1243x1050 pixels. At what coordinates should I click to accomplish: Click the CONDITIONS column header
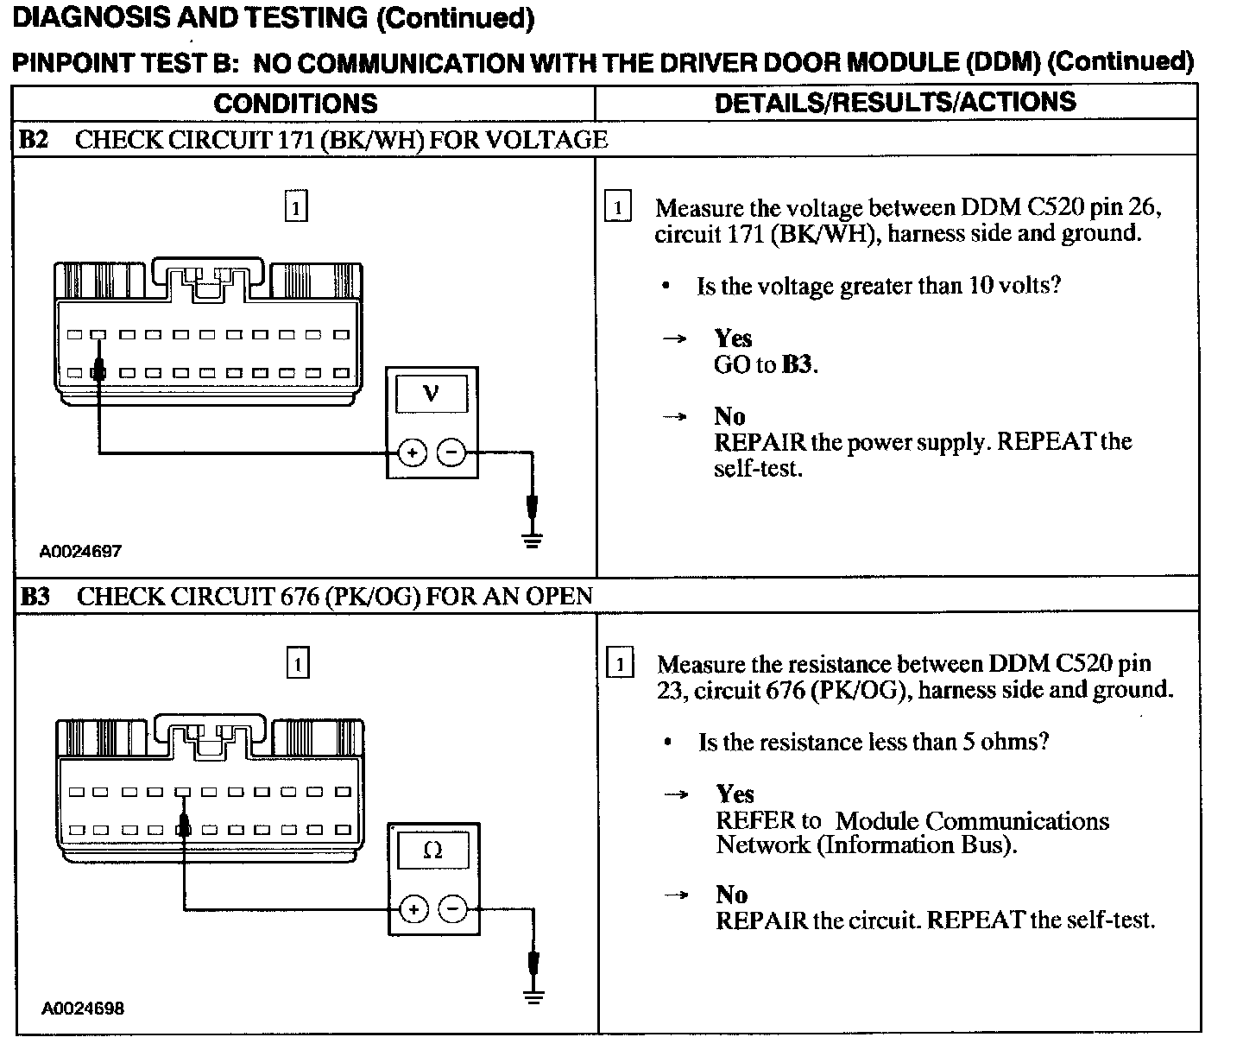[295, 104]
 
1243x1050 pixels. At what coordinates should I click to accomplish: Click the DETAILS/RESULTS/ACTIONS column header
[895, 102]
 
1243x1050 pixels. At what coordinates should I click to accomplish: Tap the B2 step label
[34, 140]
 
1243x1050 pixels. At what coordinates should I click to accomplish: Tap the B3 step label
[35, 597]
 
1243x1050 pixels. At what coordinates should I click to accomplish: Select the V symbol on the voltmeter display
[432, 394]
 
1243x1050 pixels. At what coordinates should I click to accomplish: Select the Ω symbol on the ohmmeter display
[433, 851]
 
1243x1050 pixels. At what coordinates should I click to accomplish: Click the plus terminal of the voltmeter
[413, 452]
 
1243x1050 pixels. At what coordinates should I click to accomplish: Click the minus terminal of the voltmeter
[451, 452]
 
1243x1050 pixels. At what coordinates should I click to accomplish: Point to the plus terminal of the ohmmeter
[414, 909]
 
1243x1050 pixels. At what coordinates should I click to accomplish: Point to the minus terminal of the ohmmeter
[452, 909]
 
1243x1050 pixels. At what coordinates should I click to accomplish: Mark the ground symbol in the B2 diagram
[533, 540]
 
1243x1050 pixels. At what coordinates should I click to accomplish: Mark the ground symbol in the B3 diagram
[534, 996]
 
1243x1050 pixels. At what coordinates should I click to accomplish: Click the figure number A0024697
[80, 551]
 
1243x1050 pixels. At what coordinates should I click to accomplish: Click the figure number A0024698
[82, 1009]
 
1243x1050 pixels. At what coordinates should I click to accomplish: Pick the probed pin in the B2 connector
[98, 373]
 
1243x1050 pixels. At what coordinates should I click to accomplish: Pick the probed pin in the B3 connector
[183, 830]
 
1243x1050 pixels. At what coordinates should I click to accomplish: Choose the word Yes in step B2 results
[733, 338]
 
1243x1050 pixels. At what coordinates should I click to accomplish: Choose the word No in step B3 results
[730, 894]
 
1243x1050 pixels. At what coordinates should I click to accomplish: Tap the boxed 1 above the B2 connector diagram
[296, 207]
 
